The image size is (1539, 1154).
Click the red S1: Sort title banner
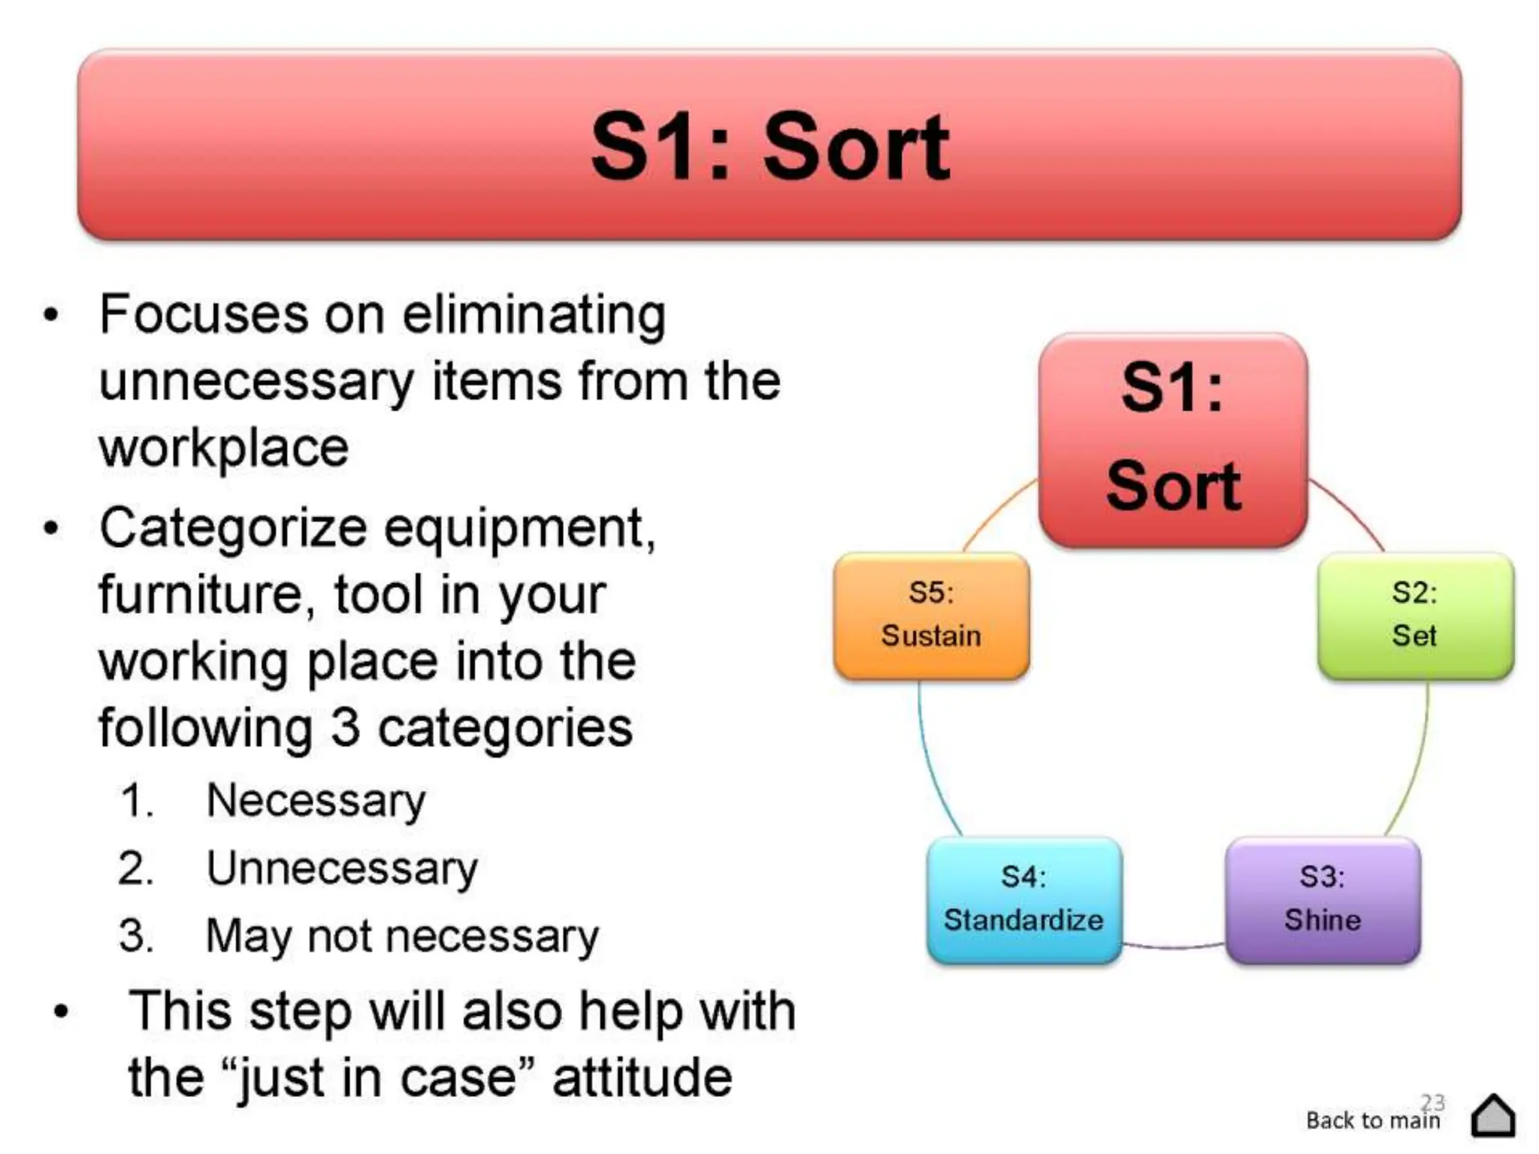769,144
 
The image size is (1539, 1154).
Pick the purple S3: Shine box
1323,899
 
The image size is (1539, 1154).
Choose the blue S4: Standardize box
1023,899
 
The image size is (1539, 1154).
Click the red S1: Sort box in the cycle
1173,440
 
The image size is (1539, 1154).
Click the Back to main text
1372,1120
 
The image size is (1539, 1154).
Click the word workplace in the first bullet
224,449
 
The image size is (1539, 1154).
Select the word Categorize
233,527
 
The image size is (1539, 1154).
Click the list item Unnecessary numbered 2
342,869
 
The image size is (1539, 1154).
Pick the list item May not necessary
402,936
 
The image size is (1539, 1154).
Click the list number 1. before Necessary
137,801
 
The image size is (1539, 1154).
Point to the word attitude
642,1077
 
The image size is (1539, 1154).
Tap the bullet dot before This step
61,1011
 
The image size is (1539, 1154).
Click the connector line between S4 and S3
1172,946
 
